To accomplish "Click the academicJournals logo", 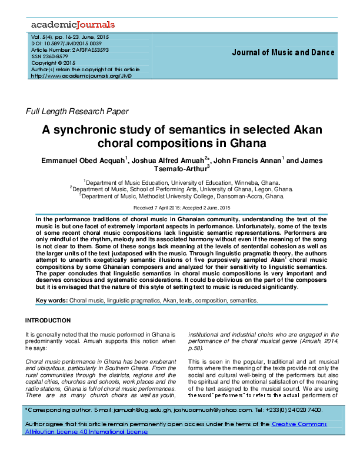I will (x=72, y=25).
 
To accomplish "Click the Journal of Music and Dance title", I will (x=283, y=52).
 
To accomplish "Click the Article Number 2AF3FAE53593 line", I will (x=70, y=49).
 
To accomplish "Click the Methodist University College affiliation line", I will (x=182, y=197).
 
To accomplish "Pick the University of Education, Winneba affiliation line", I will (x=182, y=182).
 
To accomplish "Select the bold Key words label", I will (x=52, y=300).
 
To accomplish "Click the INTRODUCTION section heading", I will (x=48, y=321).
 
